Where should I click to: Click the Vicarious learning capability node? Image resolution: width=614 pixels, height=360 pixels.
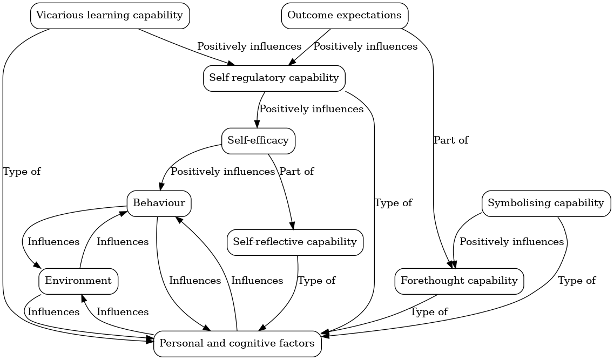point(110,16)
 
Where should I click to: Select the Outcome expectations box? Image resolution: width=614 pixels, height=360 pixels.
point(345,16)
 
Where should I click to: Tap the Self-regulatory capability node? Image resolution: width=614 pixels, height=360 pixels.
point(274,78)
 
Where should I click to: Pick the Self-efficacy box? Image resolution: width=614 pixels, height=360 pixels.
point(258,141)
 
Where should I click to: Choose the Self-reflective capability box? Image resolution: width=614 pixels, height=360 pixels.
point(295,242)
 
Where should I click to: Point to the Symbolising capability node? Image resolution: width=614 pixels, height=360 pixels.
point(545,203)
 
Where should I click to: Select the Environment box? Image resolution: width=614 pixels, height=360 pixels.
point(78,281)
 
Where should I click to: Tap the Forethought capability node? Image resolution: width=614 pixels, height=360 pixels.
point(459,281)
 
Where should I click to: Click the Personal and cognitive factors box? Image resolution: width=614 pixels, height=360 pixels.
point(237,344)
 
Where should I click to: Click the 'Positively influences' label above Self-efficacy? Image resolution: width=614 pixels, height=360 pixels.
point(312,110)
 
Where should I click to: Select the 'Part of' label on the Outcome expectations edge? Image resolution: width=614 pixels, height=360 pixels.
point(451,141)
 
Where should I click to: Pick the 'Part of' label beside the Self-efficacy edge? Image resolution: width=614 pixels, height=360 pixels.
point(296,172)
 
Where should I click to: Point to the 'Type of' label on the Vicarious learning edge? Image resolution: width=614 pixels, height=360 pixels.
point(22,172)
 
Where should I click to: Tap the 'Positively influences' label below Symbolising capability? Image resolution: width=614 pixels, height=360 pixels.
point(511,242)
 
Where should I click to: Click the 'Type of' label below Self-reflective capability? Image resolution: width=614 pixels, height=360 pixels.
point(317,281)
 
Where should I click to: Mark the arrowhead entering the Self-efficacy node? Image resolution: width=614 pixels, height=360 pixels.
point(257,124)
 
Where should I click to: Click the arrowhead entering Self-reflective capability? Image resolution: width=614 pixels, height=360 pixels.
point(293,226)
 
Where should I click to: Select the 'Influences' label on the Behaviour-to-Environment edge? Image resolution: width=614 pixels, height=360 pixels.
point(53,242)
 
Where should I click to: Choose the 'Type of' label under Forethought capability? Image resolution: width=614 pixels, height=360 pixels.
point(429,312)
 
